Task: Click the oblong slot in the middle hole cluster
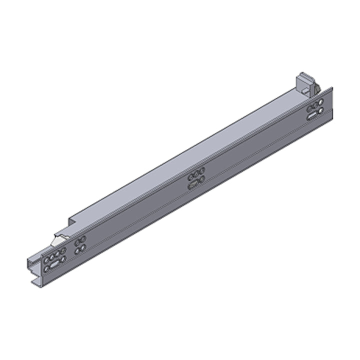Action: click(x=194, y=185)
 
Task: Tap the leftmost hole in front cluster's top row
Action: click(x=46, y=258)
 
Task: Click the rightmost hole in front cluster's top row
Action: click(x=63, y=249)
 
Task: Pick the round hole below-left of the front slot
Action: click(x=46, y=268)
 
